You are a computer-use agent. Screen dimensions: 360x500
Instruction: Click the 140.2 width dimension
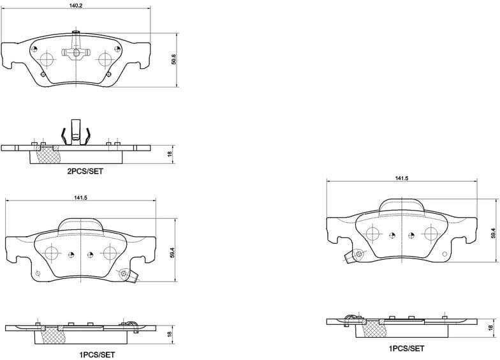[x=76, y=5]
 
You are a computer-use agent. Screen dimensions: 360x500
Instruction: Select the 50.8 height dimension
[x=173, y=59]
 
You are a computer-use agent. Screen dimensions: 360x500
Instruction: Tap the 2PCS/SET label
[x=85, y=172]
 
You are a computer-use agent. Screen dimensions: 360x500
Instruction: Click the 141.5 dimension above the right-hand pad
[x=401, y=179]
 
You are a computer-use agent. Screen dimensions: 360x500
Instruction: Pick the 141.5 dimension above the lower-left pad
[x=80, y=198]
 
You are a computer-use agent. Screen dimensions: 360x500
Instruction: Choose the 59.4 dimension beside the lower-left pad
[x=172, y=253]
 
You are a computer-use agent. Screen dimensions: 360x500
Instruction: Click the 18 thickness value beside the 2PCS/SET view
[x=171, y=154]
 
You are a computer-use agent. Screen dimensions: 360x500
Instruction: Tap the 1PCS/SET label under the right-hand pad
[x=406, y=349]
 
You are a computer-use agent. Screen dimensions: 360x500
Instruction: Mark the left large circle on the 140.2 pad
[x=46, y=59]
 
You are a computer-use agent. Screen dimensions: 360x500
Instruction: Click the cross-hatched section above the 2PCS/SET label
[x=48, y=154]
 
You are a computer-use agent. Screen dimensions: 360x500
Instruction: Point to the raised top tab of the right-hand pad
[x=401, y=206]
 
